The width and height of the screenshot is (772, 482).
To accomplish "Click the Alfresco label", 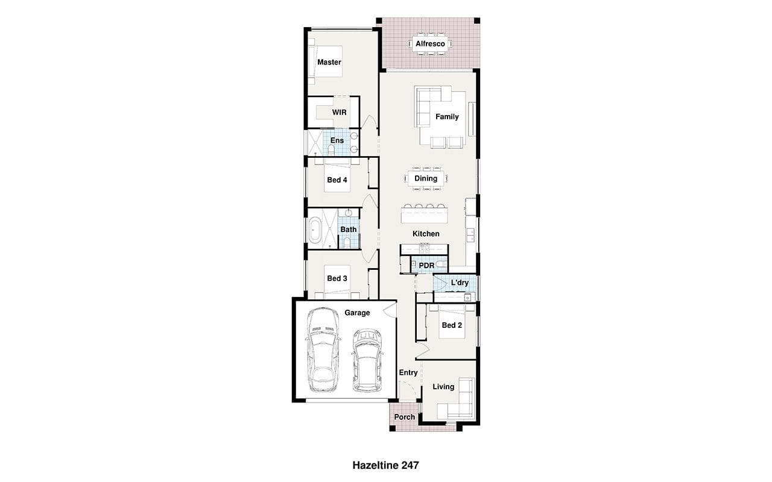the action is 430,44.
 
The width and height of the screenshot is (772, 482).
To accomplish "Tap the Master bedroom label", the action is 329,62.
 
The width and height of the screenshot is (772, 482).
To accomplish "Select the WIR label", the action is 339,112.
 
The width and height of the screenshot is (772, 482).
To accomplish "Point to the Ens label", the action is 337,140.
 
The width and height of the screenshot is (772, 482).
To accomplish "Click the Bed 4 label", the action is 337,180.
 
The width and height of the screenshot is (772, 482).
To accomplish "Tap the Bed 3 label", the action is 337,278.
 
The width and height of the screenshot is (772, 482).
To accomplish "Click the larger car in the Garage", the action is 323,350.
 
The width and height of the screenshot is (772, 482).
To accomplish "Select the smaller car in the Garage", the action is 367,360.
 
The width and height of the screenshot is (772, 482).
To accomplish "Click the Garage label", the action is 357,313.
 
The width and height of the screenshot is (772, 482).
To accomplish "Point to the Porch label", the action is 404,417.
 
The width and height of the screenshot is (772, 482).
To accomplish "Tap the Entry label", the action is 408,372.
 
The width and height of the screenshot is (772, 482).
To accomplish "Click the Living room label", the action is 443,387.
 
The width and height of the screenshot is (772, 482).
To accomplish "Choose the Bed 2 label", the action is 452,325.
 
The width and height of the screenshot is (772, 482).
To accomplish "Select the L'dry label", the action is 460,283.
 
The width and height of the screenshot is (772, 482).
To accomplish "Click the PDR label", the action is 426,266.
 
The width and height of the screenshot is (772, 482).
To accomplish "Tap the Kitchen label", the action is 426,234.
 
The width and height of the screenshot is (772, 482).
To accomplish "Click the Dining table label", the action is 426,178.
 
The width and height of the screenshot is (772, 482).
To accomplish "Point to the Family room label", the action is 447,117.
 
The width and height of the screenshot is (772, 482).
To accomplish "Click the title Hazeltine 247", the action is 385,466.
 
